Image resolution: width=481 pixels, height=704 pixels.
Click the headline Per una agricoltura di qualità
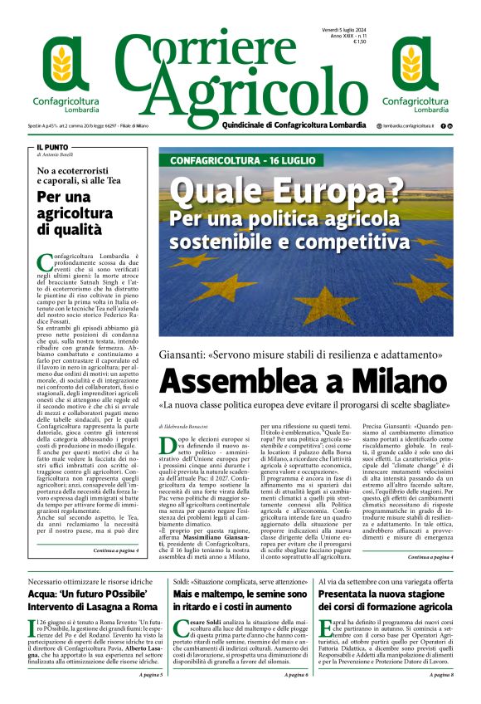pos(73,213)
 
